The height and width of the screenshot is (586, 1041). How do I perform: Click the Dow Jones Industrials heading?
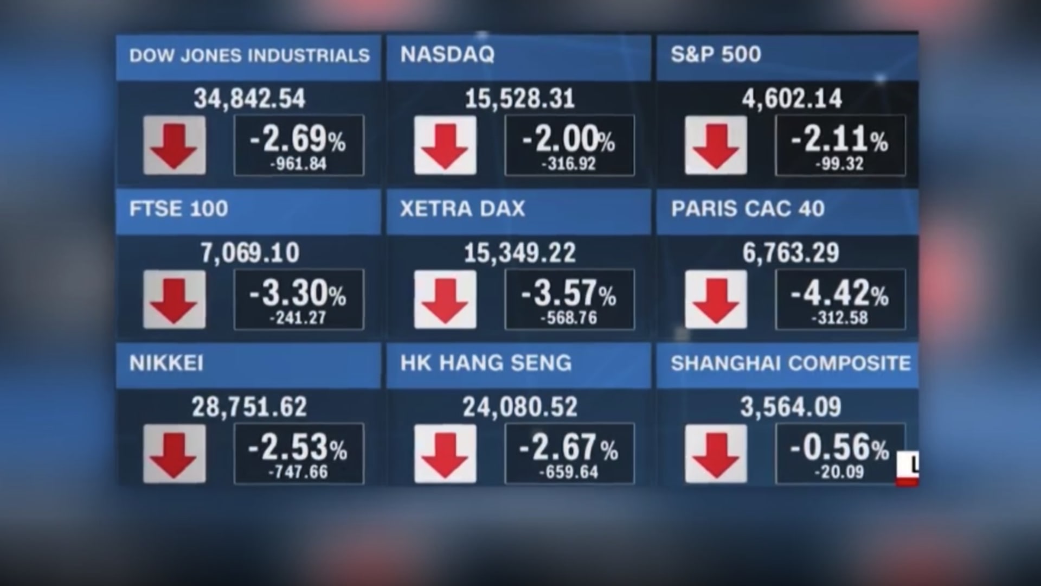(249, 55)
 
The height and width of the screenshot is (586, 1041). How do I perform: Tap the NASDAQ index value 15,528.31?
(519, 99)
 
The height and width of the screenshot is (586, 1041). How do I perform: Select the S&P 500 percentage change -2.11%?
(839, 139)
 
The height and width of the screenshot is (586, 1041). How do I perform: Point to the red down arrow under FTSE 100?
(174, 300)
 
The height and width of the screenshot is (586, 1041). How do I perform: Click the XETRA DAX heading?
(462, 209)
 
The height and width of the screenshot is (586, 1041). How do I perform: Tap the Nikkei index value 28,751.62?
(249, 407)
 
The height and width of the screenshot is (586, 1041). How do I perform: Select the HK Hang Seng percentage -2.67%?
(568, 448)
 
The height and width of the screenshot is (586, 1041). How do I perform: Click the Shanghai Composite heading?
(791, 363)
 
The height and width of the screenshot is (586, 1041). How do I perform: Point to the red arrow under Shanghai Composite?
(716, 454)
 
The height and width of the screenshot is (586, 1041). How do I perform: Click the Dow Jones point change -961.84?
(298, 164)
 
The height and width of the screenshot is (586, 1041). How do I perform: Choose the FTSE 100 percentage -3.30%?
(298, 294)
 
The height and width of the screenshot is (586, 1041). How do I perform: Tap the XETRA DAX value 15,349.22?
(519, 253)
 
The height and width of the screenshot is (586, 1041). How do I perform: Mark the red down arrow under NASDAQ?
(445, 145)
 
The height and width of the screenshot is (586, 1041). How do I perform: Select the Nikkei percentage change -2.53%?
(298, 448)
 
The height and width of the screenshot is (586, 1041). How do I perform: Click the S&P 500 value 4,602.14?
(792, 99)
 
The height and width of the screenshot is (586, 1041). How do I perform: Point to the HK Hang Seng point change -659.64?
(568, 472)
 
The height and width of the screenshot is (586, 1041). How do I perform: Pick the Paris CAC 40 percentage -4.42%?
(839, 294)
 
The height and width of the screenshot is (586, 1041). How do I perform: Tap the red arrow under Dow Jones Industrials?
(174, 145)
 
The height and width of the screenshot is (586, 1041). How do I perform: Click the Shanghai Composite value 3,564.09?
(791, 407)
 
